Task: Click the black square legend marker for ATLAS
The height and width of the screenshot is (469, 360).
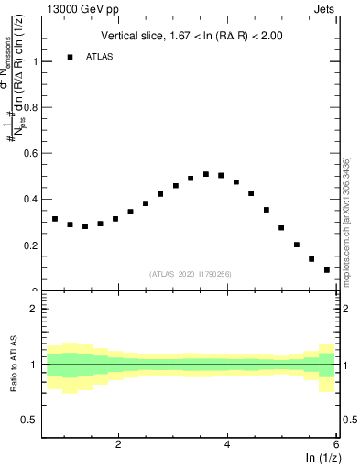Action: (70, 57)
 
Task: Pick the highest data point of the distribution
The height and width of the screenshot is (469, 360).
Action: (206, 174)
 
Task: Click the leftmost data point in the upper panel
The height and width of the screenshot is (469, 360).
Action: (55, 219)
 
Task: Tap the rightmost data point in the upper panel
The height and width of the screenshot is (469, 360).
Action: (327, 270)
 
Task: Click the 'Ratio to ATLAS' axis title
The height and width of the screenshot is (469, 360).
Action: (14, 364)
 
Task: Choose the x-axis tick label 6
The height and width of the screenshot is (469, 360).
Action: (336, 444)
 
